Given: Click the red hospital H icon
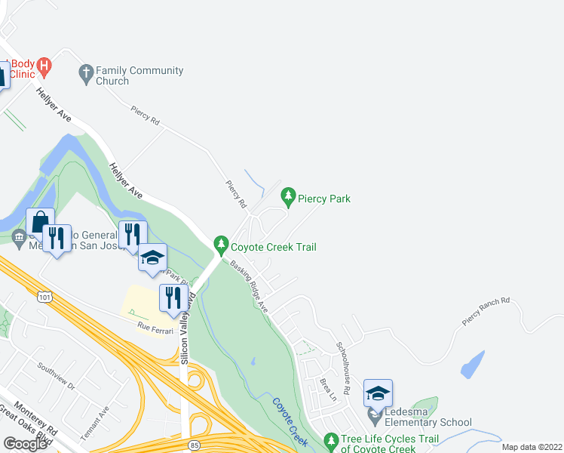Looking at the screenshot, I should pyautogui.click(x=44, y=66).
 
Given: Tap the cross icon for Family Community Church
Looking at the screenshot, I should pyautogui.click(x=86, y=72).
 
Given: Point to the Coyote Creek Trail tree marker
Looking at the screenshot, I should pyautogui.click(x=221, y=245).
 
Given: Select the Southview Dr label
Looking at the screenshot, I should pyautogui.click(x=57, y=376).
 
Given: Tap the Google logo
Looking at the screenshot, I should pyautogui.click(x=25, y=444).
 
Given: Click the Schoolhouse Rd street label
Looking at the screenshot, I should pyautogui.click(x=344, y=367).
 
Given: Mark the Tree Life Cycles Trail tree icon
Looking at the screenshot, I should pyautogui.click(x=330, y=439).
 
